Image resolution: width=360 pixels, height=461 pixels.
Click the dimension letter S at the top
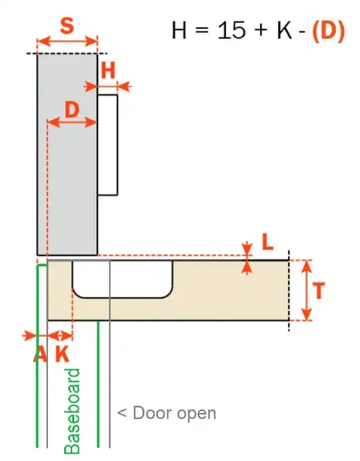(67, 27)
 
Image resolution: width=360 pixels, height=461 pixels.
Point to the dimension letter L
(267, 242)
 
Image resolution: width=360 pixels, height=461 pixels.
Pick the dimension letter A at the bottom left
(39, 354)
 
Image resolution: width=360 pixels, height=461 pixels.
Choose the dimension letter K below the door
(61, 354)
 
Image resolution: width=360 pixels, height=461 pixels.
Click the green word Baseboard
(73, 411)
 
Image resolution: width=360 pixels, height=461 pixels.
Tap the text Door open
(167, 413)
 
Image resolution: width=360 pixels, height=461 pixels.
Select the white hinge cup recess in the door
(123, 278)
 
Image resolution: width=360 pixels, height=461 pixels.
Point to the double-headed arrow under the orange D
(72, 122)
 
